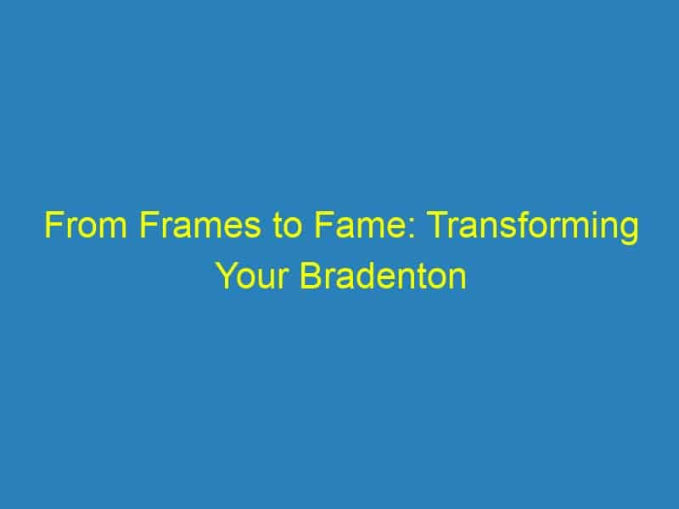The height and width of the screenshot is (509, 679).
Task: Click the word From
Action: coord(86,225)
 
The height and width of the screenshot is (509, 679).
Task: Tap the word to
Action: coord(287,226)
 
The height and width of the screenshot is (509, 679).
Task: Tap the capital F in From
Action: coord(53,225)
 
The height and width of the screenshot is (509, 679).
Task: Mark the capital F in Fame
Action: coord(323,225)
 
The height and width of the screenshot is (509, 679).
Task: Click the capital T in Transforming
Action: coord(439,225)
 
